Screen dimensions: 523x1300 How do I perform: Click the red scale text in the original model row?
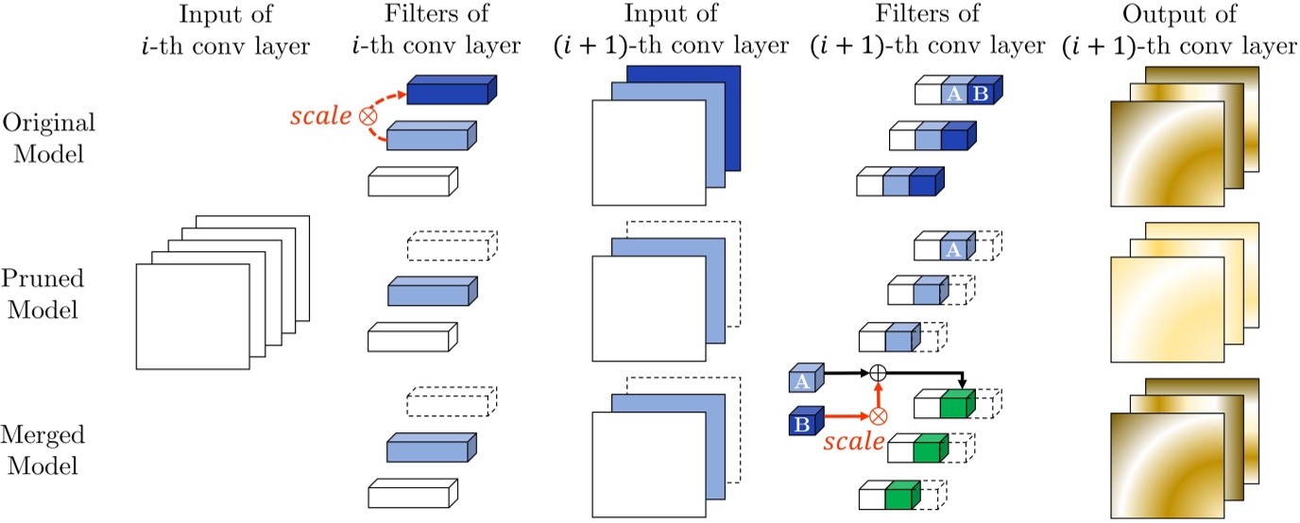[x=318, y=117]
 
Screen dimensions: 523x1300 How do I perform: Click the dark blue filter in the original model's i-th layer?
[x=451, y=93]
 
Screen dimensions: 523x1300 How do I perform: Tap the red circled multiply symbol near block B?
[x=879, y=415]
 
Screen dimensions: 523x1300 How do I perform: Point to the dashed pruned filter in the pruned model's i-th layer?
[x=451, y=245]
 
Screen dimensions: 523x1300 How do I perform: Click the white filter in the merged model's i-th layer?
[x=411, y=494]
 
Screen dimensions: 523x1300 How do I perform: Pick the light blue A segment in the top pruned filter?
[x=956, y=248]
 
